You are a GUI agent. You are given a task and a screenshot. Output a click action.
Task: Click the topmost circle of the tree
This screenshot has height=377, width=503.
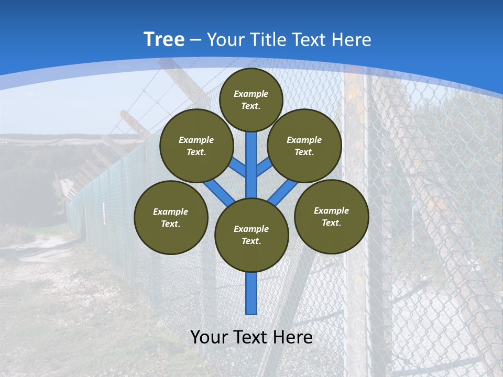tap(251, 99)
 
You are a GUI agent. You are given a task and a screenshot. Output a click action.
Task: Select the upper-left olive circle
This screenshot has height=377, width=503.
tap(196, 146)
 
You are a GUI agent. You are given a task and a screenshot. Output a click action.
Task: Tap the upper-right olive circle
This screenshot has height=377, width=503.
tap(304, 146)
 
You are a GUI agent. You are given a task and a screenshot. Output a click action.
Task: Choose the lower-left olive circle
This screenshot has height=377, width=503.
tap(171, 217)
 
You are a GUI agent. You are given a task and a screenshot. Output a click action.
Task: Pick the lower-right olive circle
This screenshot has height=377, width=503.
tap(331, 216)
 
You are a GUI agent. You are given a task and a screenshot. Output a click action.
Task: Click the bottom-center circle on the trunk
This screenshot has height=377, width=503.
tap(251, 235)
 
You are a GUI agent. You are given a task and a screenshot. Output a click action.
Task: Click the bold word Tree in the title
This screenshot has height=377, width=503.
tap(164, 39)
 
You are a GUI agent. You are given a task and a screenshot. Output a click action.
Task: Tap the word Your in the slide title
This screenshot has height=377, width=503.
tap(225, 40)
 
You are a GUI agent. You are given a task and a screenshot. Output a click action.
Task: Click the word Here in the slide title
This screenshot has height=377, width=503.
tap(353, 40)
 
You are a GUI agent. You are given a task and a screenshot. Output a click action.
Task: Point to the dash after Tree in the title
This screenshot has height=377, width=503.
tap(195, 40)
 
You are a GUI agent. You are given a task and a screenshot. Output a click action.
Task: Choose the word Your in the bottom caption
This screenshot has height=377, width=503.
tap(209, 337)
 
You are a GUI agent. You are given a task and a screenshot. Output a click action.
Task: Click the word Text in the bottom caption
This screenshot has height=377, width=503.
tap(250, 337)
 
